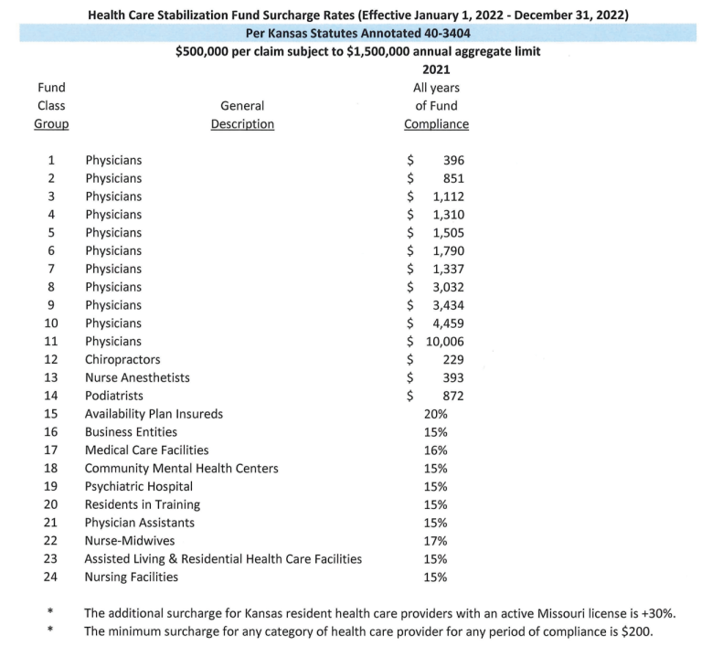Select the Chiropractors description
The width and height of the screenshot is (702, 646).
pyautogui.click(x=122, y=360)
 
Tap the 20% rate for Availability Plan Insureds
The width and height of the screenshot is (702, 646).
pyautogui.click(x=436, y=414)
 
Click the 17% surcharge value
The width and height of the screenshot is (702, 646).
pyautogui.click(x=436, y=541)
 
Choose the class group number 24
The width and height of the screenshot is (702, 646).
pyautogui.click(x=51, y=577)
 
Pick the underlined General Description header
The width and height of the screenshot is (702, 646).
pyautogui.click(x=242, y=124)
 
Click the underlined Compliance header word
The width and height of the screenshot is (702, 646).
pyautogui.click(x=436, y=124)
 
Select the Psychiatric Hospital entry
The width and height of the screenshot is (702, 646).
pyautogui.click(x=139, y=486)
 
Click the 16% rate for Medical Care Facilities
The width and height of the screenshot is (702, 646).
pyautogui.click(x=436, y=450)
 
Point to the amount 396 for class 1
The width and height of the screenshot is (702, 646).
pyautogui.click(x=452, y=161)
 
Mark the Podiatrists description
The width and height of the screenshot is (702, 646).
pyautogui.click(x=115, y=396)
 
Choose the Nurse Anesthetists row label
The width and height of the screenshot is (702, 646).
pyautogui.click(x=138, y=378)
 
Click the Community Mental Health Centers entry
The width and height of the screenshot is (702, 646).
pyautogui.click(x=182, y=469)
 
